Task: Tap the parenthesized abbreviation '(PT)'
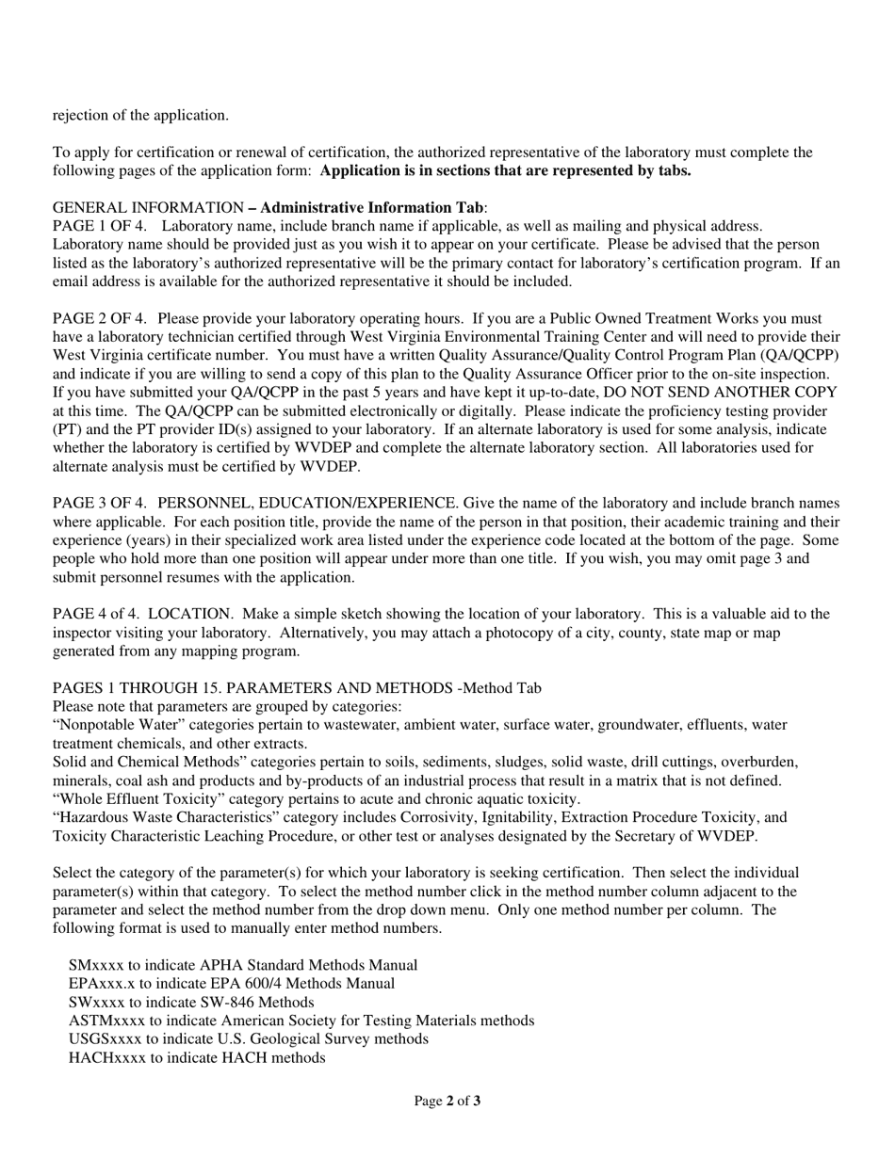(67, 429)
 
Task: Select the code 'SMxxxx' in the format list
(97, 965)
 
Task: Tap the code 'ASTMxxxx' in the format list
(107, 1021)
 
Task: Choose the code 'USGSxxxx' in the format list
(106, 1039)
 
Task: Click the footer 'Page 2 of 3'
(447, 1101)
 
